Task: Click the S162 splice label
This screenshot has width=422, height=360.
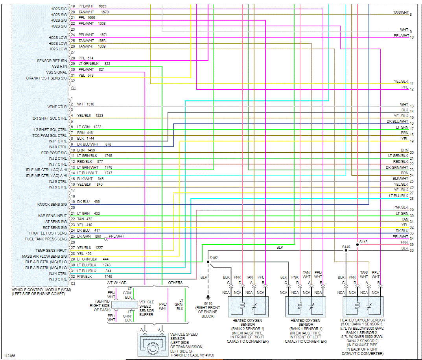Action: click(214, 258)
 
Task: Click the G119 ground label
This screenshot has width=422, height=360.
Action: click(208, 304)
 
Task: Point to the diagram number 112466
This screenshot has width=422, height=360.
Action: click(10, 356)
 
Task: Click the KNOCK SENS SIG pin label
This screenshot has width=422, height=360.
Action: click(52, 205)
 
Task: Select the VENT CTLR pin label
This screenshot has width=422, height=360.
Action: click(57, 107)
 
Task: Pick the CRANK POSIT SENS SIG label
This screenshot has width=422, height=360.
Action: click(46, 78)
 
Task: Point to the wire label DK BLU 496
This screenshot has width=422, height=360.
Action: click(88, 201)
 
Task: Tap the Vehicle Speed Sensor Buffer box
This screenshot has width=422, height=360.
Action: click(124, 305)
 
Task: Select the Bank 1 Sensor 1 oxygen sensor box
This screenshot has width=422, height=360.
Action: click(306, 306)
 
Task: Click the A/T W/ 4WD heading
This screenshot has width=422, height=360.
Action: click(117, 282)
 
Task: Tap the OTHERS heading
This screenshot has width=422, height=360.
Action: click(175, 282)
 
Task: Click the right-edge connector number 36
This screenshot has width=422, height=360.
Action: click(411, 250)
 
